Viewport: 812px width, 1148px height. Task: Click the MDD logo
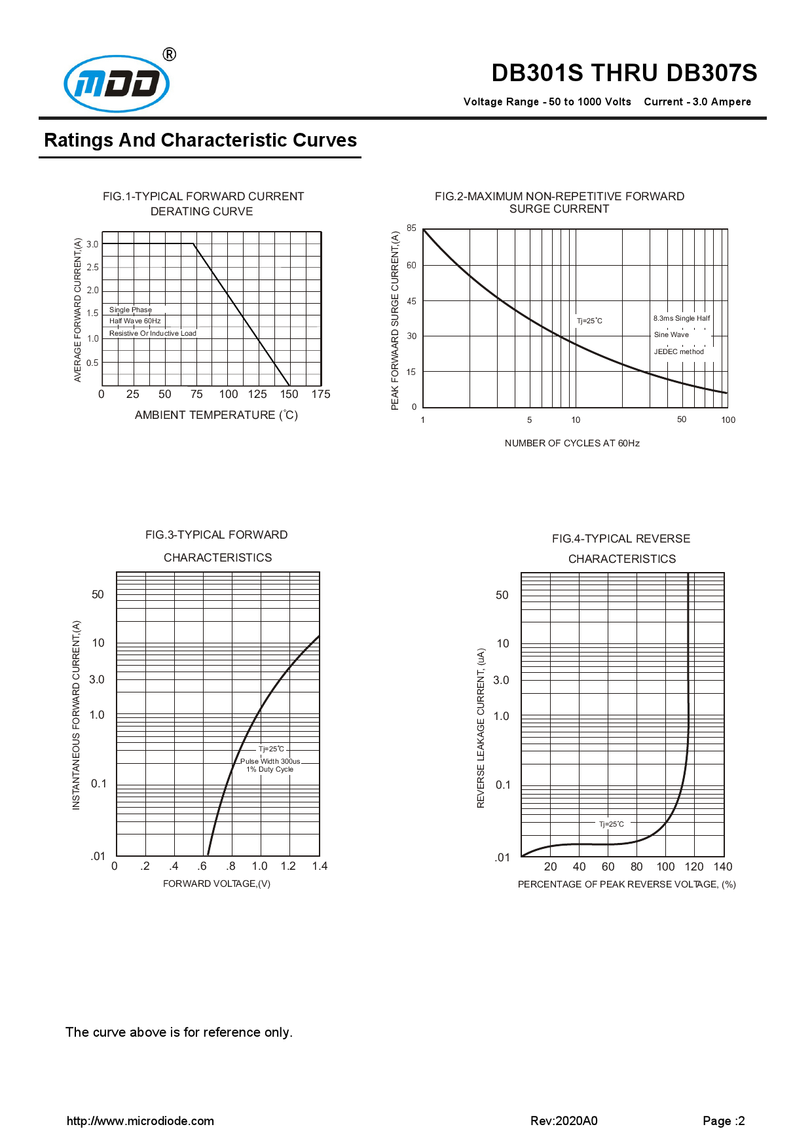tap(117, 84)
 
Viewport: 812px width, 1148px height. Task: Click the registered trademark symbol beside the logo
tap(169, 54)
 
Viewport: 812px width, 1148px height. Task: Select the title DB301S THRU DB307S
tap(623, 73)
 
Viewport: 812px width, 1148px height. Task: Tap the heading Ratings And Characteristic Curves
tap(200, 140)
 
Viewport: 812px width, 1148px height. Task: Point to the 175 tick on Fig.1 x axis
tap(321, 394)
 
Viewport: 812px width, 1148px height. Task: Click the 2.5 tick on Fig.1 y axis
tap(93, 267)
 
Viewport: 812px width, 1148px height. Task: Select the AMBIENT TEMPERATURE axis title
tap(216, 415)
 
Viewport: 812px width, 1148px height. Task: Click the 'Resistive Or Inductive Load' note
tap(153, 333)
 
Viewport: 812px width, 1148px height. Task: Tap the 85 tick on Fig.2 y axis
tap(411, 228)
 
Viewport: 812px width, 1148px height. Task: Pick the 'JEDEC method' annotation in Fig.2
tap(678, 351)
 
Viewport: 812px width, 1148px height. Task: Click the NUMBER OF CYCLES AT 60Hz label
tap(572, 443)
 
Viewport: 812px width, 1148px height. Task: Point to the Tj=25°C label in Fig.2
tap(589, 321)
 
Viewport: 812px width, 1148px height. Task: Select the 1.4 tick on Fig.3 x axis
tap(320, 866)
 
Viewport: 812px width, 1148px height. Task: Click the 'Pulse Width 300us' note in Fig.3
tap(270, 761)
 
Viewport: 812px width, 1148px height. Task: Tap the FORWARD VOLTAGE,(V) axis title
tap(216, 884)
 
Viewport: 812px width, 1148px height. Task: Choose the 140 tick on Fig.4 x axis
tap(723, 867)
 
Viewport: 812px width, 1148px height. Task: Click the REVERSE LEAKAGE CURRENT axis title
tap(481, 728)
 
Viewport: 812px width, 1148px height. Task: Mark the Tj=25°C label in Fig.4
tap(612, 824)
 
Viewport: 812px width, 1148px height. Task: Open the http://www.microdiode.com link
tap(140, 1121)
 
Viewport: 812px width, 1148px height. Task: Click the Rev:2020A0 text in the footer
tap(564, 1121)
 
